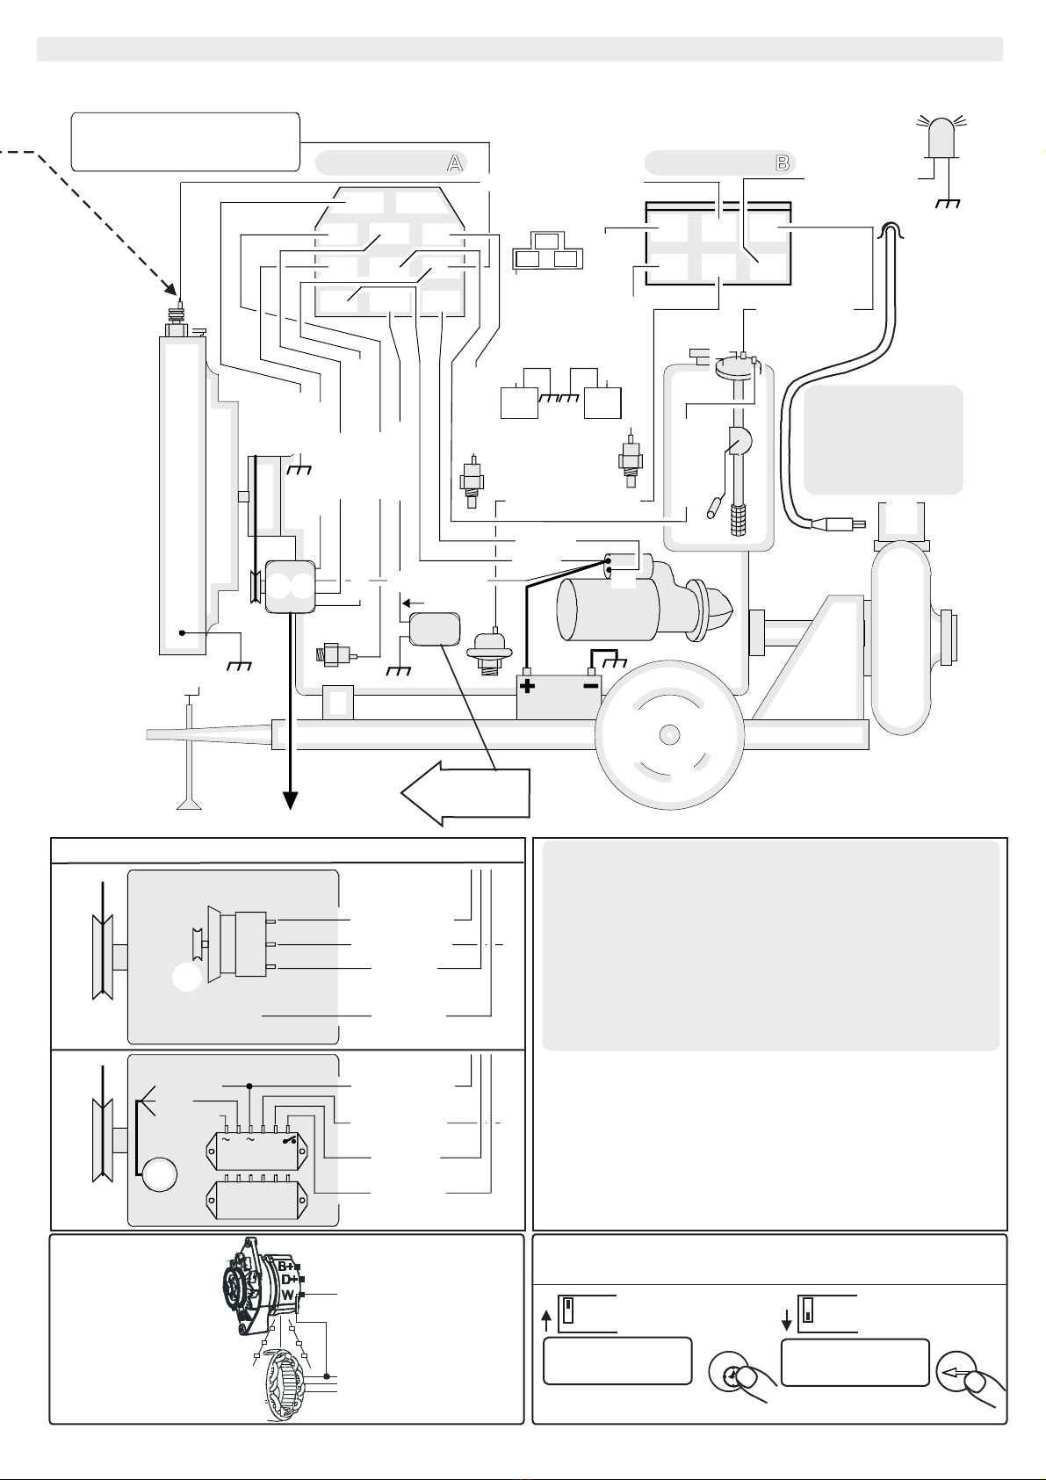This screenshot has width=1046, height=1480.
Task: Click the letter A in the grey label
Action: pos(454,163)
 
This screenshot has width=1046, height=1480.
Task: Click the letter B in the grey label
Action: pos(782,163)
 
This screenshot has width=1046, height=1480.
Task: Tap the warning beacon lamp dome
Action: pos(938,136)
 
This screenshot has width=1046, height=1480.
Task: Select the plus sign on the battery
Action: pos(528,686)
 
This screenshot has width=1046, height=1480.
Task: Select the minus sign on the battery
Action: pos(591,685)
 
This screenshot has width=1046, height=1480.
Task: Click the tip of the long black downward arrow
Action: pos(290,801)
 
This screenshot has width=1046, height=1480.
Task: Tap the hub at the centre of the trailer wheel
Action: pos(670,733)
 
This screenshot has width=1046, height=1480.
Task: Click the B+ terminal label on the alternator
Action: pos(288,1266)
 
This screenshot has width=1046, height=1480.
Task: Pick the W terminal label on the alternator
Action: pos(287,1295)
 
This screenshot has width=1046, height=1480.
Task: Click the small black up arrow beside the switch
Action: pos(546,1318)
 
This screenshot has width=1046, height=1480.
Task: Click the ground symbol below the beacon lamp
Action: pos(948,204)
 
